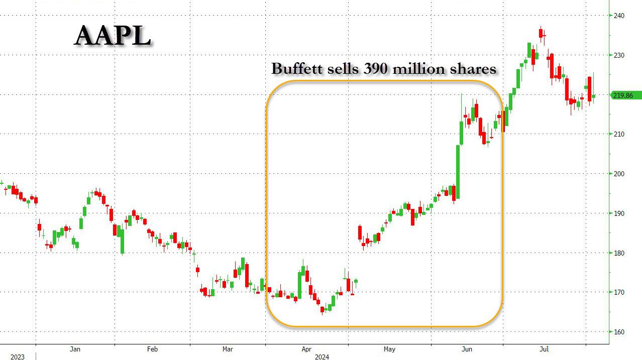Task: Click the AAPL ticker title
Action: click(113, 36)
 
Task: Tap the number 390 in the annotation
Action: click(374, 68)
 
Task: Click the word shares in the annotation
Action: click(472, 69)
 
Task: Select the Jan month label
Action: click(75, 349)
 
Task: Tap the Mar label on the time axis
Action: click(228, 349)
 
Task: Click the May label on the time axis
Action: click(389, 349)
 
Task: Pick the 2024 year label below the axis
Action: click(322, 357)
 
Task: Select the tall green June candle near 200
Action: click(459, 171)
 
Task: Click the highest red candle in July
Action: click(541, 33)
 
